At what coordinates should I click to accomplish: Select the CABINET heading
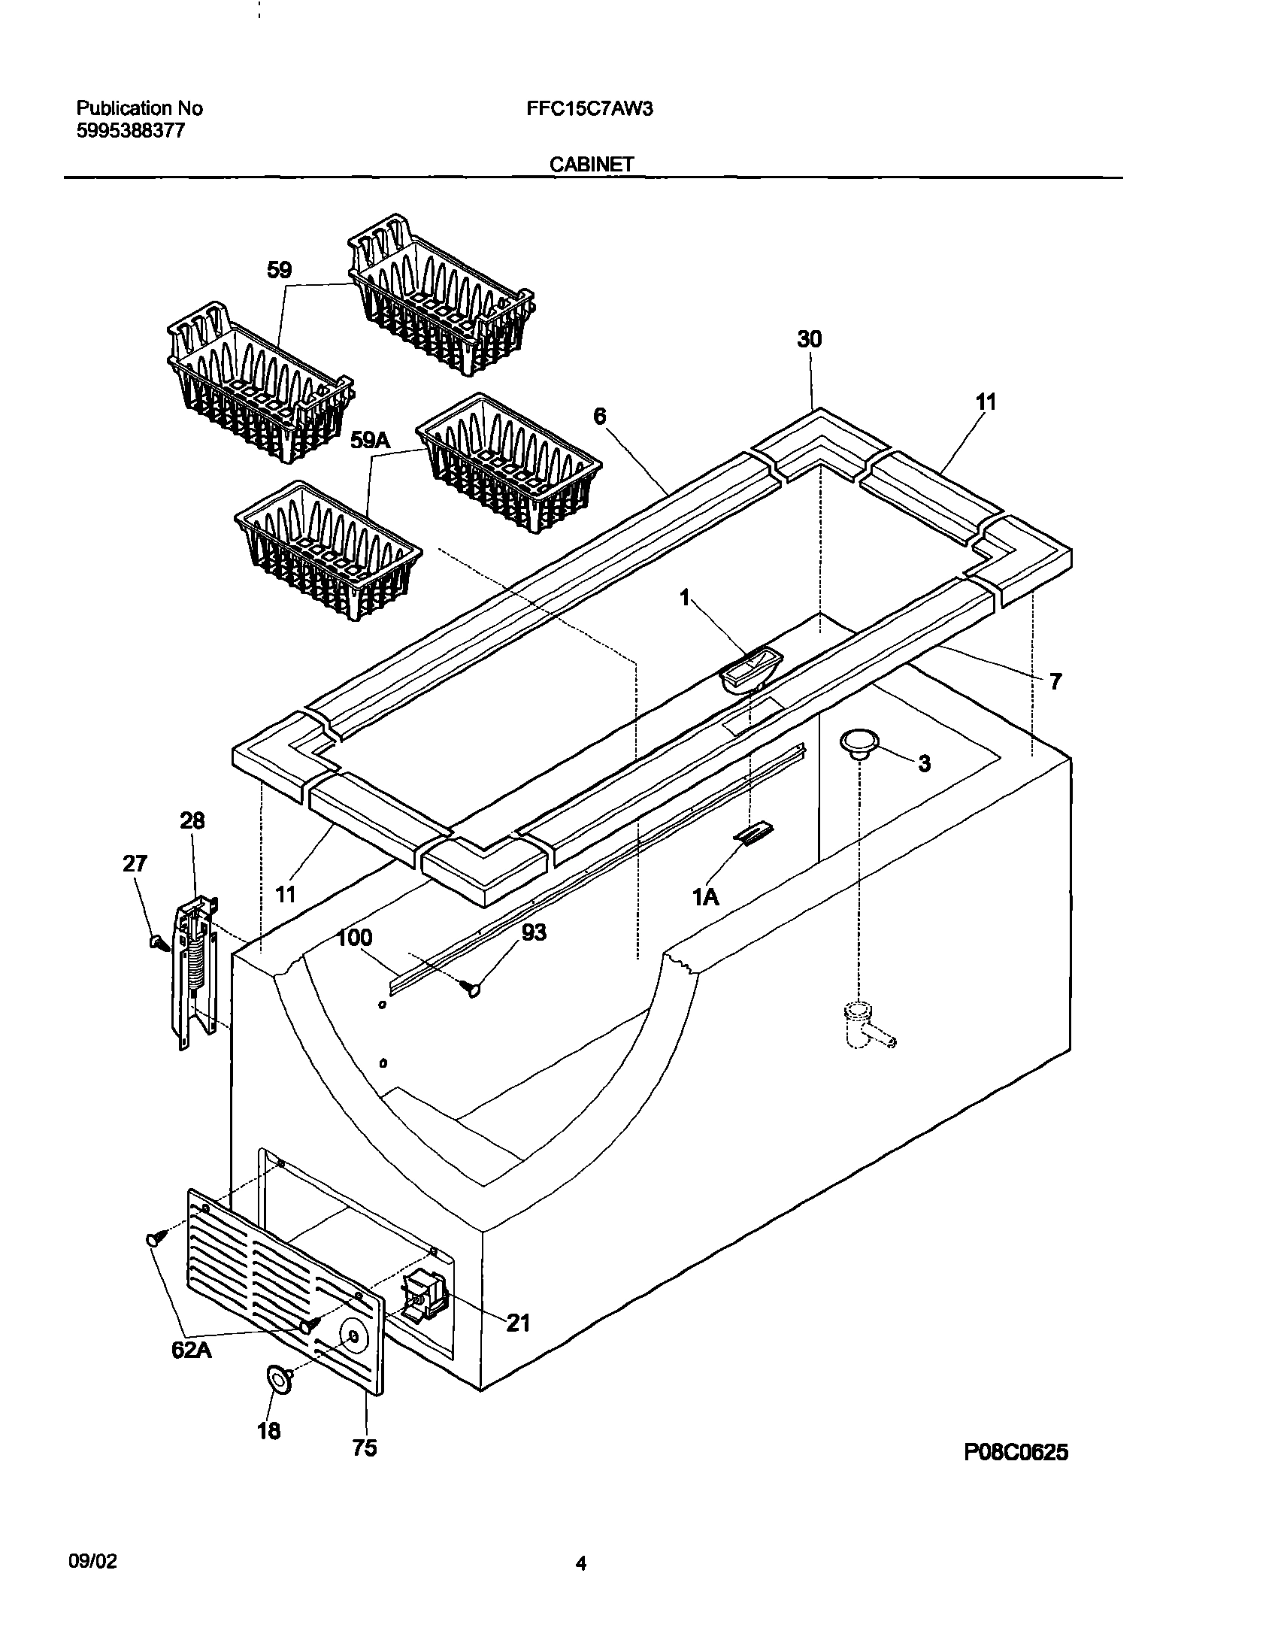pyautogui.click(x=591, y=164)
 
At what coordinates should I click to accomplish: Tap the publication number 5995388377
pyautogui.click(x=131, y=131)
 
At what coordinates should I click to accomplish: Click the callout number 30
pyautogui.click(x=810, y=339)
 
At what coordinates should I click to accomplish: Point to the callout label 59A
pyautogui.click(x=370, y=441)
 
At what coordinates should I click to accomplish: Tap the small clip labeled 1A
pyautogui.click(x=755, y=834)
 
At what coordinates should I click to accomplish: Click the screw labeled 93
pyautogui.click(x=474, y=989)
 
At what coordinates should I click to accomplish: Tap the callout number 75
pyautogui.click(x=365, y=1447)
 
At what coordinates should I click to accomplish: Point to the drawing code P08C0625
pyautogui.click(x=1016, y=1452)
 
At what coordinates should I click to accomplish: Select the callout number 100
pyautogui.click(x=354, y=938)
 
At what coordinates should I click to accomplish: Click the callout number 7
pyautogui.click(x=1055, y=681)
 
